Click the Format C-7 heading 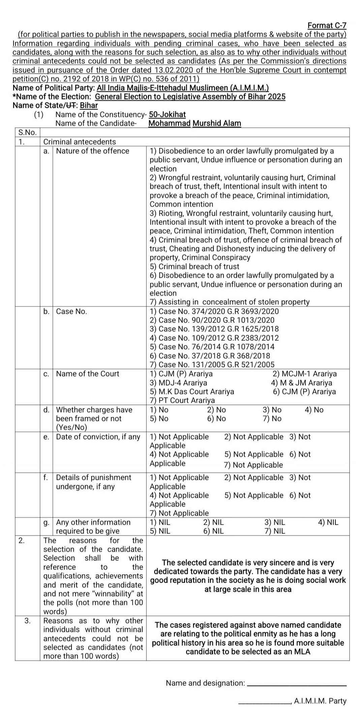click(327, 25)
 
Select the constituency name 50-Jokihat click(167, 114)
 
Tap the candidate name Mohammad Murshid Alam click(194, 123)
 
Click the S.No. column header click(27, 132)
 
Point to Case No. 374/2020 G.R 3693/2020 click(214, 311)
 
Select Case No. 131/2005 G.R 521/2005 click(212, 364)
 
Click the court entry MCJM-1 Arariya click(304, 373)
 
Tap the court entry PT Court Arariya click(182, 400)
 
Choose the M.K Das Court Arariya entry click(192, 391)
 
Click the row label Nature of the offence click(92, 151)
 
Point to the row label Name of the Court click(87, 373)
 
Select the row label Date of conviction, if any click(98, 436)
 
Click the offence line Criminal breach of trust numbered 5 click(194, 266)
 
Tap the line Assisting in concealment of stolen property click(230, 302)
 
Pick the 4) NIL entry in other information click(328, 522)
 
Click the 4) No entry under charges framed click(314, 410)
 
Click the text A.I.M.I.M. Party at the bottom click(320, 701)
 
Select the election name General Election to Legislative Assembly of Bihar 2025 click(190, 97)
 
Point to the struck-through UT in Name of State click(71, 105)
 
